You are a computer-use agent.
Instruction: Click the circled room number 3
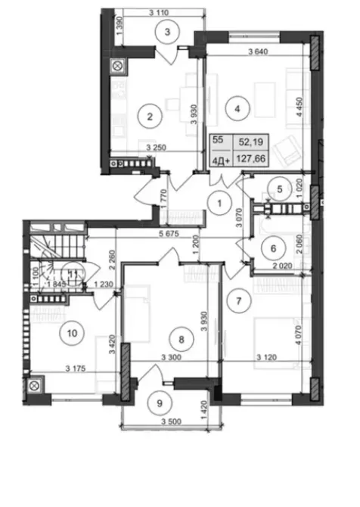pos(169,31)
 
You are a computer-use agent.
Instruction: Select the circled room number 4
pos(238,108)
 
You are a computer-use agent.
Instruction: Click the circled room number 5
pos(279,190)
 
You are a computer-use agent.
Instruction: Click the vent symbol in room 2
pos(119,67)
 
